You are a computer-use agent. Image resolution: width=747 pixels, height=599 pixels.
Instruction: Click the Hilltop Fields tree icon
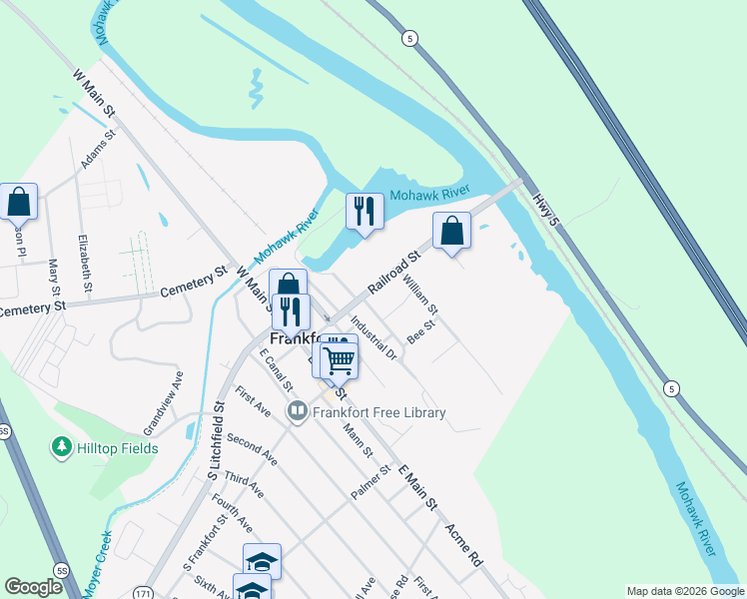coord(62,447)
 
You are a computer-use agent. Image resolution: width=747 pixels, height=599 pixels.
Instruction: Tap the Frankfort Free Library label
coord(378,412)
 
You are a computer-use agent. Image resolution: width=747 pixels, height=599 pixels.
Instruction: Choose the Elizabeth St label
coord(84,264)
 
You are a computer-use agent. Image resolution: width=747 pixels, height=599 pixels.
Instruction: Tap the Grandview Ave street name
coord(164,402)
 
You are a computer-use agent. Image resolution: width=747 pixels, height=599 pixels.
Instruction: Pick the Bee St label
coord(422,330)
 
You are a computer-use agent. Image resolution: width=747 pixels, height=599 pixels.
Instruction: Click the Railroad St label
coord(394,273)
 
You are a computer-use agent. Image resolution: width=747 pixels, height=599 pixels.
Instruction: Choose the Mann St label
coord(357,440)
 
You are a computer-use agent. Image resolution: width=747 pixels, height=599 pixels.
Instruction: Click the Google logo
coord(33,586)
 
